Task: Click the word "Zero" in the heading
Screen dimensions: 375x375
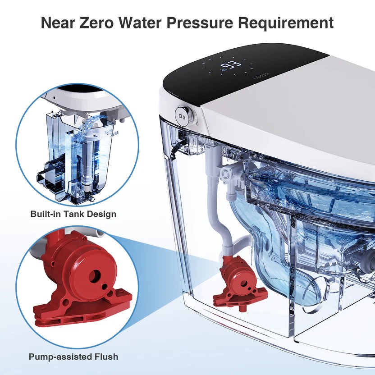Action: tap(96, 23)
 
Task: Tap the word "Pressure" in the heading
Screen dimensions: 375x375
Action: tap(200, 23)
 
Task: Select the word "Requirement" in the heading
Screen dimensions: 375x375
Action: tap(286, 23)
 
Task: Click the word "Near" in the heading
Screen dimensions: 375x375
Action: tap(58, 23)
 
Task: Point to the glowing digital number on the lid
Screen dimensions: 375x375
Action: tap(230, 65)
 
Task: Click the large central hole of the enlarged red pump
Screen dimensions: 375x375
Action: tap(95, 276)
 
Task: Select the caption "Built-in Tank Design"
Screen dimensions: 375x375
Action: tap(73, 214)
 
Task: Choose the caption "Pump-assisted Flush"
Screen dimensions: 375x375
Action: tap(73, 357)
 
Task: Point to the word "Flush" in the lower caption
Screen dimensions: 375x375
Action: tap(106, 357)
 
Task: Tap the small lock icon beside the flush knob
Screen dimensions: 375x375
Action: tap(197, 123)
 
